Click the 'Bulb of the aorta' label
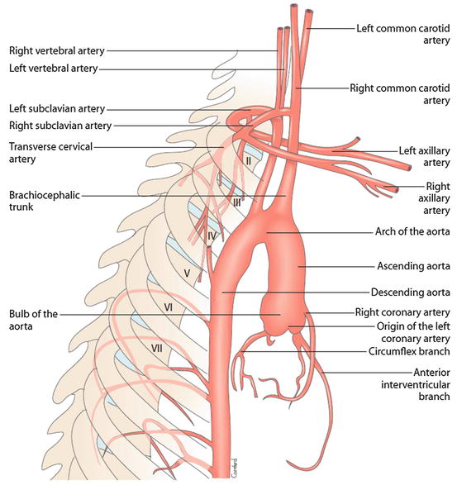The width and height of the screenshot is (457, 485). tap(32, 321)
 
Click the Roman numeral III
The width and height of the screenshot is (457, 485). tap(236, 202)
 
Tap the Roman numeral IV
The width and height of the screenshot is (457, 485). tap(211, 236)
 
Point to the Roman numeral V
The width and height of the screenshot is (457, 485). tap(187, 271)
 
